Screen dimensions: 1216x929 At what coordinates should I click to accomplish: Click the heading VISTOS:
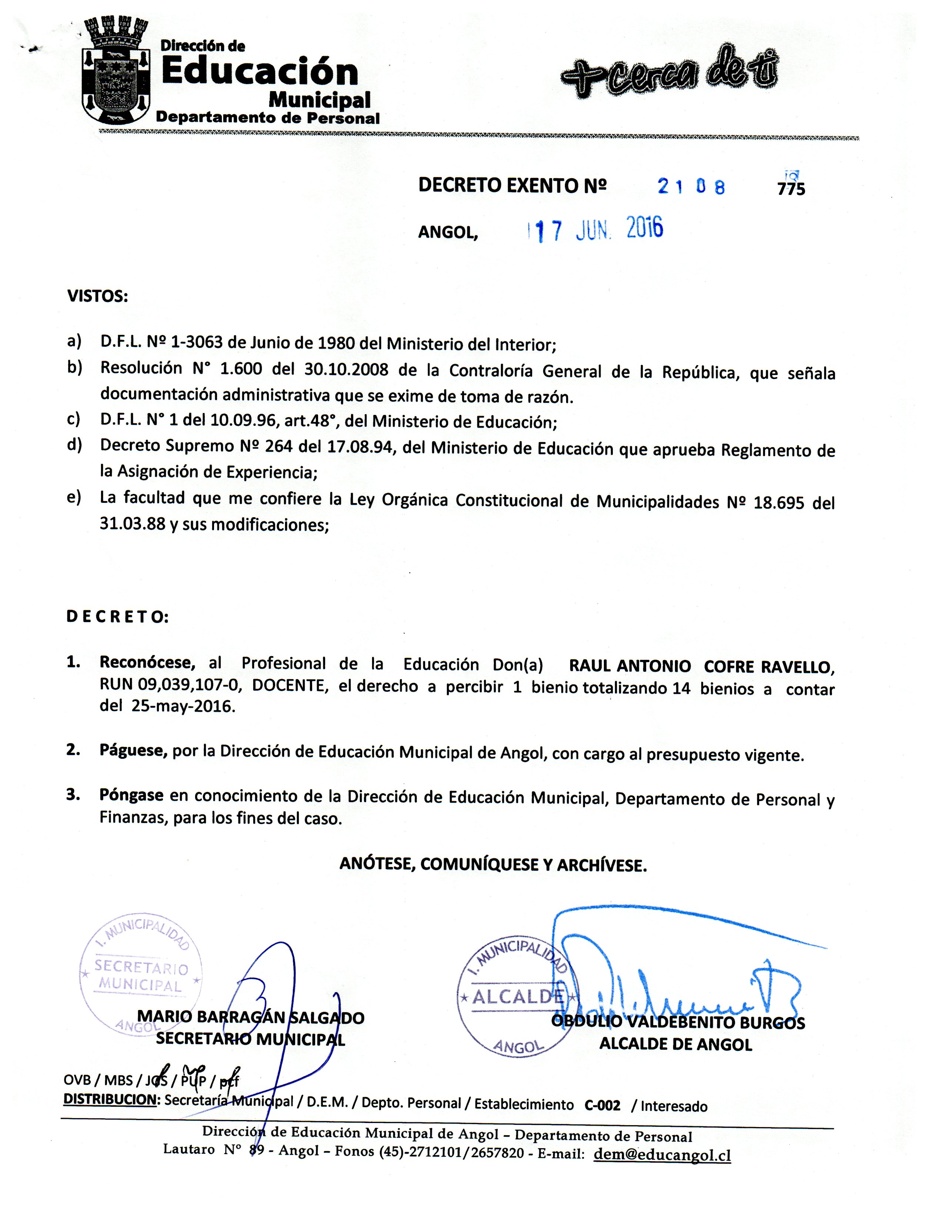97,296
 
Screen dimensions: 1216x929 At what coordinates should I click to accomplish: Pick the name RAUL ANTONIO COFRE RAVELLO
701,667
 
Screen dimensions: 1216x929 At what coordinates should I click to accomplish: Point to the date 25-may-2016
183,707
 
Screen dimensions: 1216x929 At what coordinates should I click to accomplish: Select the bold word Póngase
131,795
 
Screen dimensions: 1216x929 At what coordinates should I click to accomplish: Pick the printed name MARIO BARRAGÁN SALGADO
251,1017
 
